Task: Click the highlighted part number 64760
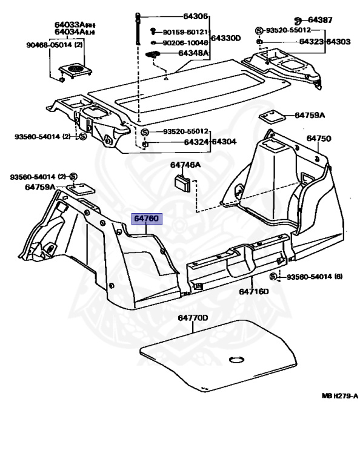147,219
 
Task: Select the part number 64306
195,16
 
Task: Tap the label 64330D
225,38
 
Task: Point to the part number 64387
320,20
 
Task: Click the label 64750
319,139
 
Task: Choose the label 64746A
185,165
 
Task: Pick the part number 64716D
254,291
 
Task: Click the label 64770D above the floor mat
193,318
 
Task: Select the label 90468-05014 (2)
55,45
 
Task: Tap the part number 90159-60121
185,32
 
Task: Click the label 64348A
193,53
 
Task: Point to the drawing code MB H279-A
340,395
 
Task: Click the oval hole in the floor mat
236,360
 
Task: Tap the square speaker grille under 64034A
75,71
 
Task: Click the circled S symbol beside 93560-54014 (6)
273,277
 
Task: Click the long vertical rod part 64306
138,29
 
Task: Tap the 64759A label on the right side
310,115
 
